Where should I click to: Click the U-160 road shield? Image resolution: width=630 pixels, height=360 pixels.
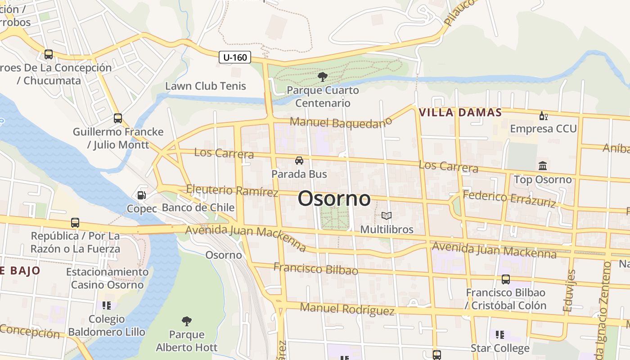click(235, 57)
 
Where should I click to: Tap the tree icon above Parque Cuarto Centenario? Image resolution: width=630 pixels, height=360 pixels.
click(322, 77)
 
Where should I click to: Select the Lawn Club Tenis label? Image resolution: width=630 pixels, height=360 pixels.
click(206, 86)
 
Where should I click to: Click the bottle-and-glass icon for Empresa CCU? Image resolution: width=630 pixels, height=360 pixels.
click(543, 116)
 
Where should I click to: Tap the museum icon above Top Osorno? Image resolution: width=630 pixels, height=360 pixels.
click(543, 166)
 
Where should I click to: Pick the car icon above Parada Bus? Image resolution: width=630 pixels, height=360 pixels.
click(299, 161)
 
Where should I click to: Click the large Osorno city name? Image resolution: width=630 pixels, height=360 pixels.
click(334, 198)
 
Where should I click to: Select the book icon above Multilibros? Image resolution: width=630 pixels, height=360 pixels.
click(387, 216)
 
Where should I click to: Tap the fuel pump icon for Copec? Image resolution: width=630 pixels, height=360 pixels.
click(141, 195)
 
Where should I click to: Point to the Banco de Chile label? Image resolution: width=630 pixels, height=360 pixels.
click(198, 207)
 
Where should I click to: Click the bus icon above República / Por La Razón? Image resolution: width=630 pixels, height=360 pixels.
click(75, 223)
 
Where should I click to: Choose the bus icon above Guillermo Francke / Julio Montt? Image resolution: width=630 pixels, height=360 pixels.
click(118, 118)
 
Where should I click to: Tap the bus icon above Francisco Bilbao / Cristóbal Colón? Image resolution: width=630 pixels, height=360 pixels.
click(506, 279)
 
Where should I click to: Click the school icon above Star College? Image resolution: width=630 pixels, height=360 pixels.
click(500, 335)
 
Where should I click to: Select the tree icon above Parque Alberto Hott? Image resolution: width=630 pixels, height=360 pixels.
click(187, 321)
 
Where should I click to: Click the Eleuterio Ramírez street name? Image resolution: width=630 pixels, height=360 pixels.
click(232, 191)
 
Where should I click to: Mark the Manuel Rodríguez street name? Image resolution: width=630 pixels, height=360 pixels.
click(347, 309)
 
